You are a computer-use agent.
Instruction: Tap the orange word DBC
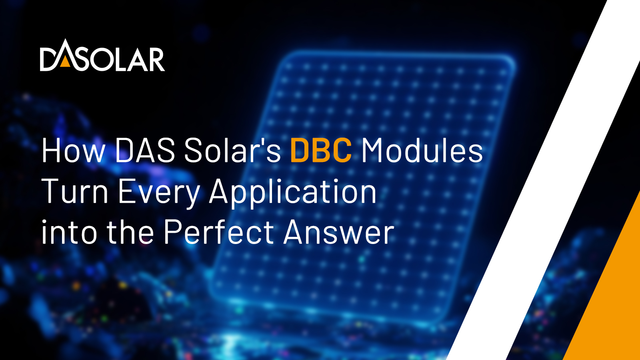[321, 150]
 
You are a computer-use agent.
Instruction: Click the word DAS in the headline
[145, 150]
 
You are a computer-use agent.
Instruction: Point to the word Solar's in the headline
[232, 150]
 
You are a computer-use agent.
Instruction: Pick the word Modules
[422, 150]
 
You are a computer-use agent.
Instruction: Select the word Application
[293, 193]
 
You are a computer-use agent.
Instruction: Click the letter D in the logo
[50, 59]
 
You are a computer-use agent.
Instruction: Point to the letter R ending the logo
[155, 59]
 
